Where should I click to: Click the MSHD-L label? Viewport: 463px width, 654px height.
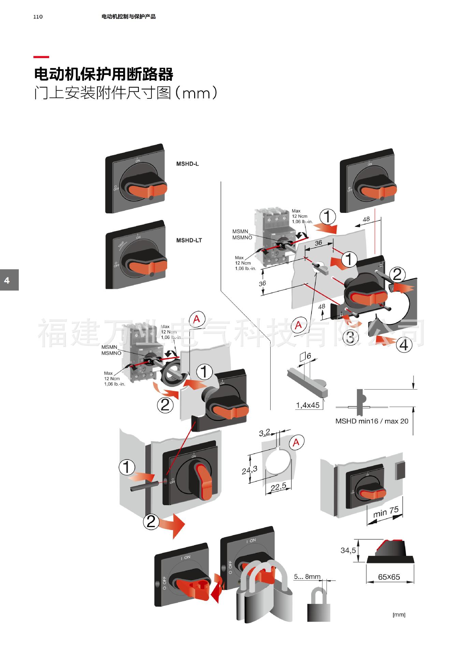click(x=187, y=164)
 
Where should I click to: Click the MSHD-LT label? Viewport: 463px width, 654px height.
click(x=189, y=240)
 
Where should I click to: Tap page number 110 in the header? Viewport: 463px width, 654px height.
click(x=38, y=17)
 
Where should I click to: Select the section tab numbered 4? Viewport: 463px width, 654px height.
click(x=8, y=280)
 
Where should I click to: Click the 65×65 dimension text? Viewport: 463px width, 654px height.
click(x=389, y=577)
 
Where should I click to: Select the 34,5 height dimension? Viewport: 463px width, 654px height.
click(x=348, y=550)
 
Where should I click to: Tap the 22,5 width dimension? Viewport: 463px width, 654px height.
click(x=278, y=487)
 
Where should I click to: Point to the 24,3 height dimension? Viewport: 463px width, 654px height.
click(x=249, y=470)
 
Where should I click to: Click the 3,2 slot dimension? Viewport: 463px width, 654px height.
click(x=264, y=433)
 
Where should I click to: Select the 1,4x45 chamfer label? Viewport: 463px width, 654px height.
click(x=308, y=405)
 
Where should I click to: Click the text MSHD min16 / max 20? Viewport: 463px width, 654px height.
click(x=372, y=421)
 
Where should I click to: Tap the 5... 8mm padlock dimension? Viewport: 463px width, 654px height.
click(x=307, y=577)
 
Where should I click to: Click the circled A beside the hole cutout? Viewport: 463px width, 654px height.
click(x=296, y=442)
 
